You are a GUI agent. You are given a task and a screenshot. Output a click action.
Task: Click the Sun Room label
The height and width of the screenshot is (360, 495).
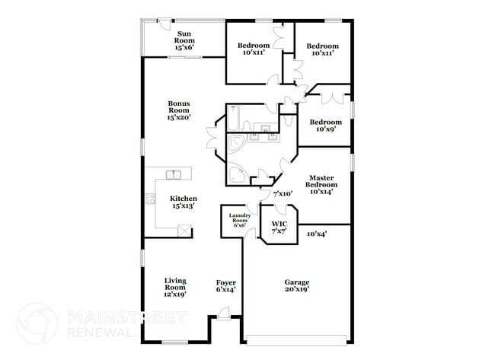coord(184,40)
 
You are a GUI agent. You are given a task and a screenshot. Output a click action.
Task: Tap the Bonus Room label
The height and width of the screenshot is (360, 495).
coord(178,110)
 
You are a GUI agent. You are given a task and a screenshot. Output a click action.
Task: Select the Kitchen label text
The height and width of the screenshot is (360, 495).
coord(184,202)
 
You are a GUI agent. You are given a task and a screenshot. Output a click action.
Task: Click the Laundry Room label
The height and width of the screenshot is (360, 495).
coord(239,220)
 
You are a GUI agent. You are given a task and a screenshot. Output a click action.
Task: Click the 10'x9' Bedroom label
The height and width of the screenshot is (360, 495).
coord(323,125)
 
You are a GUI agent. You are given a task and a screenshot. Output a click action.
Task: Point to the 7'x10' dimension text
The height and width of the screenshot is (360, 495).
coord(283,194)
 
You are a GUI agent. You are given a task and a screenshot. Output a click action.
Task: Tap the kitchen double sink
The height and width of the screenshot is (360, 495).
coord(174,175)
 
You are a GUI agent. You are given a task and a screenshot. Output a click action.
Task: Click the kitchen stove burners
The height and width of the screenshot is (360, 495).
coord(150,199)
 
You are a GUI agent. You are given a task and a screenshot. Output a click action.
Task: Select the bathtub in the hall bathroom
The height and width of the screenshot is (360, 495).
coord(234,119)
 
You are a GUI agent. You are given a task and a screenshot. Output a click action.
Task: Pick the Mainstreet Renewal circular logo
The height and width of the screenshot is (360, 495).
coord(37,322)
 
